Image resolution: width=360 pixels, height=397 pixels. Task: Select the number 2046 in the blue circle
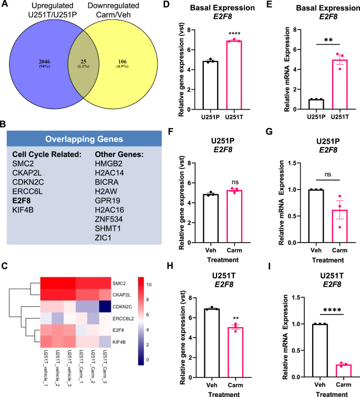pyautogui.click(x=44, y=62)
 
